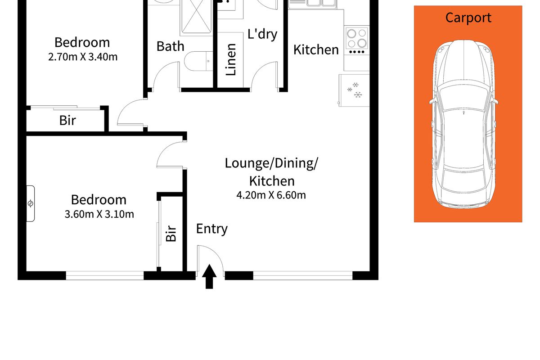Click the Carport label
468,18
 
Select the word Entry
211,229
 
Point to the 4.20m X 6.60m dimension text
271,195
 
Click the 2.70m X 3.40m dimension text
82,57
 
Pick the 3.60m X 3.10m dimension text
99,214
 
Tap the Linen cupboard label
231,59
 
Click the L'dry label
262,34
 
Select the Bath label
170,46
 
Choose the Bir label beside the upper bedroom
67,121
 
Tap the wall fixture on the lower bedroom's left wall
30,203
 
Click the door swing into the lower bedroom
171,155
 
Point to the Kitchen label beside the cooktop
316,49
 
